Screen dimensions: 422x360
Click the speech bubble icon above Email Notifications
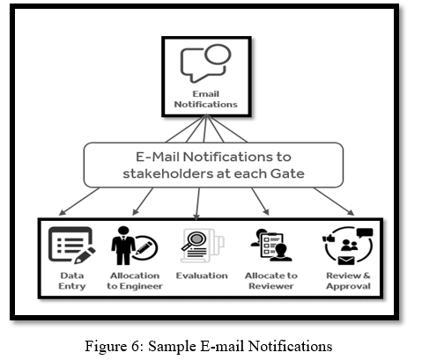[205, 63]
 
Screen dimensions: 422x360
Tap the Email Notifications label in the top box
[205, 99]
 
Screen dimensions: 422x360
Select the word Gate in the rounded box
[287, 173]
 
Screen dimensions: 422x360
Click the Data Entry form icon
[72, 246]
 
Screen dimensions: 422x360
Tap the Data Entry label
[72, 281]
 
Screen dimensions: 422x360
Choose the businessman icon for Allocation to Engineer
[123, 246]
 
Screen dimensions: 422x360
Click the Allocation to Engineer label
[135, 281]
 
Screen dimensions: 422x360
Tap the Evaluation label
[202, 276]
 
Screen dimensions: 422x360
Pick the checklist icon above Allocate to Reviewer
[271, 246]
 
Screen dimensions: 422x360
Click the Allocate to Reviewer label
[271, 281]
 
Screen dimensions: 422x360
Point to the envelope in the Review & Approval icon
[346, 261]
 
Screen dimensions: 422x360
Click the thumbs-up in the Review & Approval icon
[329, 238]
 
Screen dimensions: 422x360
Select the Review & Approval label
[348, 281]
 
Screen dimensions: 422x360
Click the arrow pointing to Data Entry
[79, 202]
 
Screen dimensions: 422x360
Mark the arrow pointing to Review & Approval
[334, 202]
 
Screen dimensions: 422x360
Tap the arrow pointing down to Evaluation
[198, 203]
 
